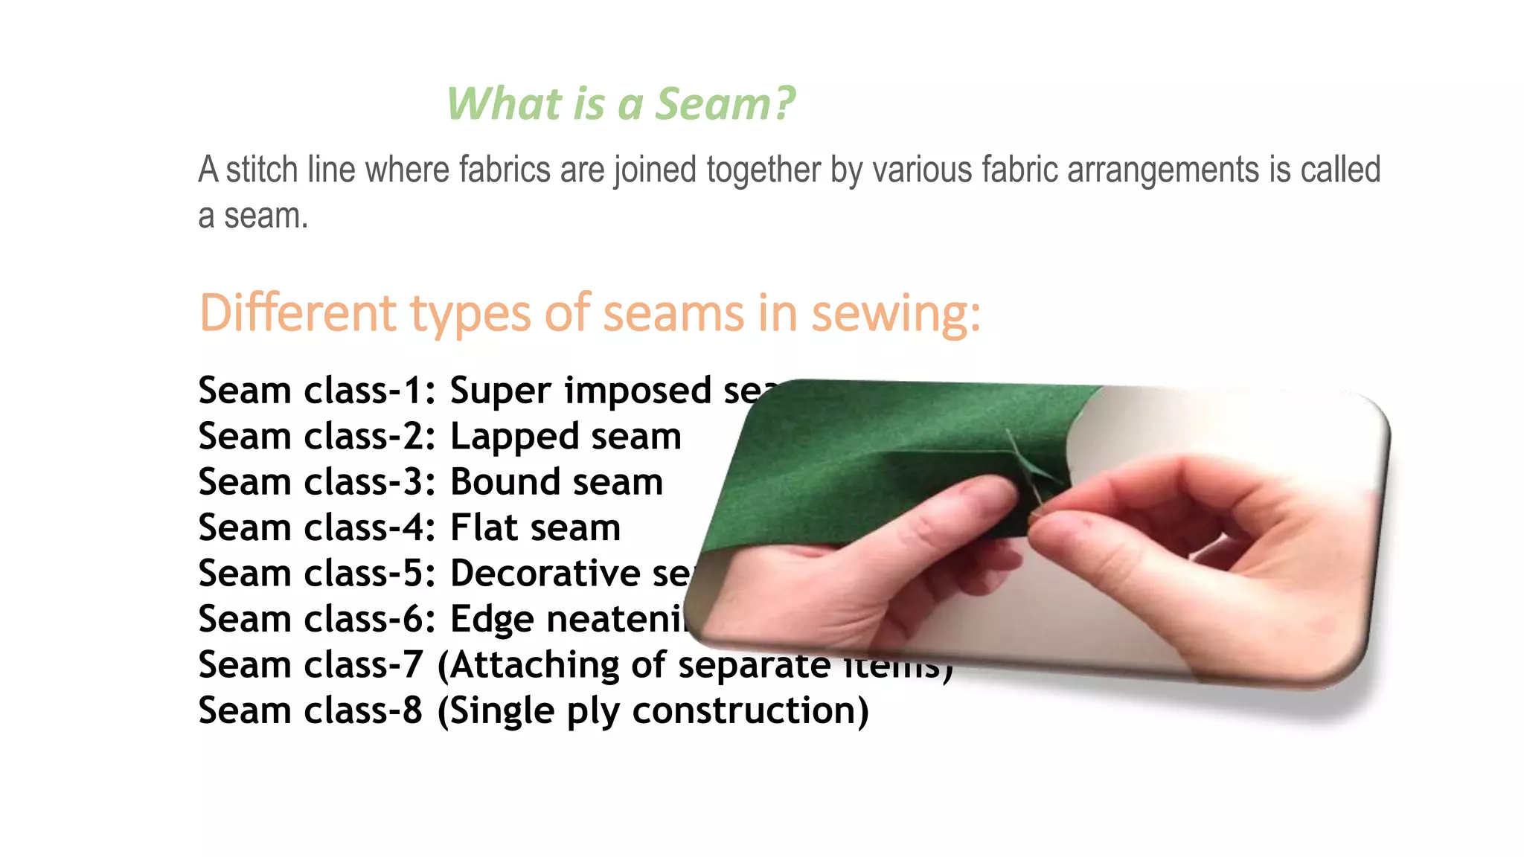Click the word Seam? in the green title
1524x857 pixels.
(x=725, y=103)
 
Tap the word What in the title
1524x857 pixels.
(x=503, y=103)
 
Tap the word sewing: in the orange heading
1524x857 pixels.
(x=895, y=314)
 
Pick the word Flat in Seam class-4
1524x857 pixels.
(x=483, y=527)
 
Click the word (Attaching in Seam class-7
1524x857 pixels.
(x=528, y=665)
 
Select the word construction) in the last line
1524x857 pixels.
(x=750, y=711)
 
